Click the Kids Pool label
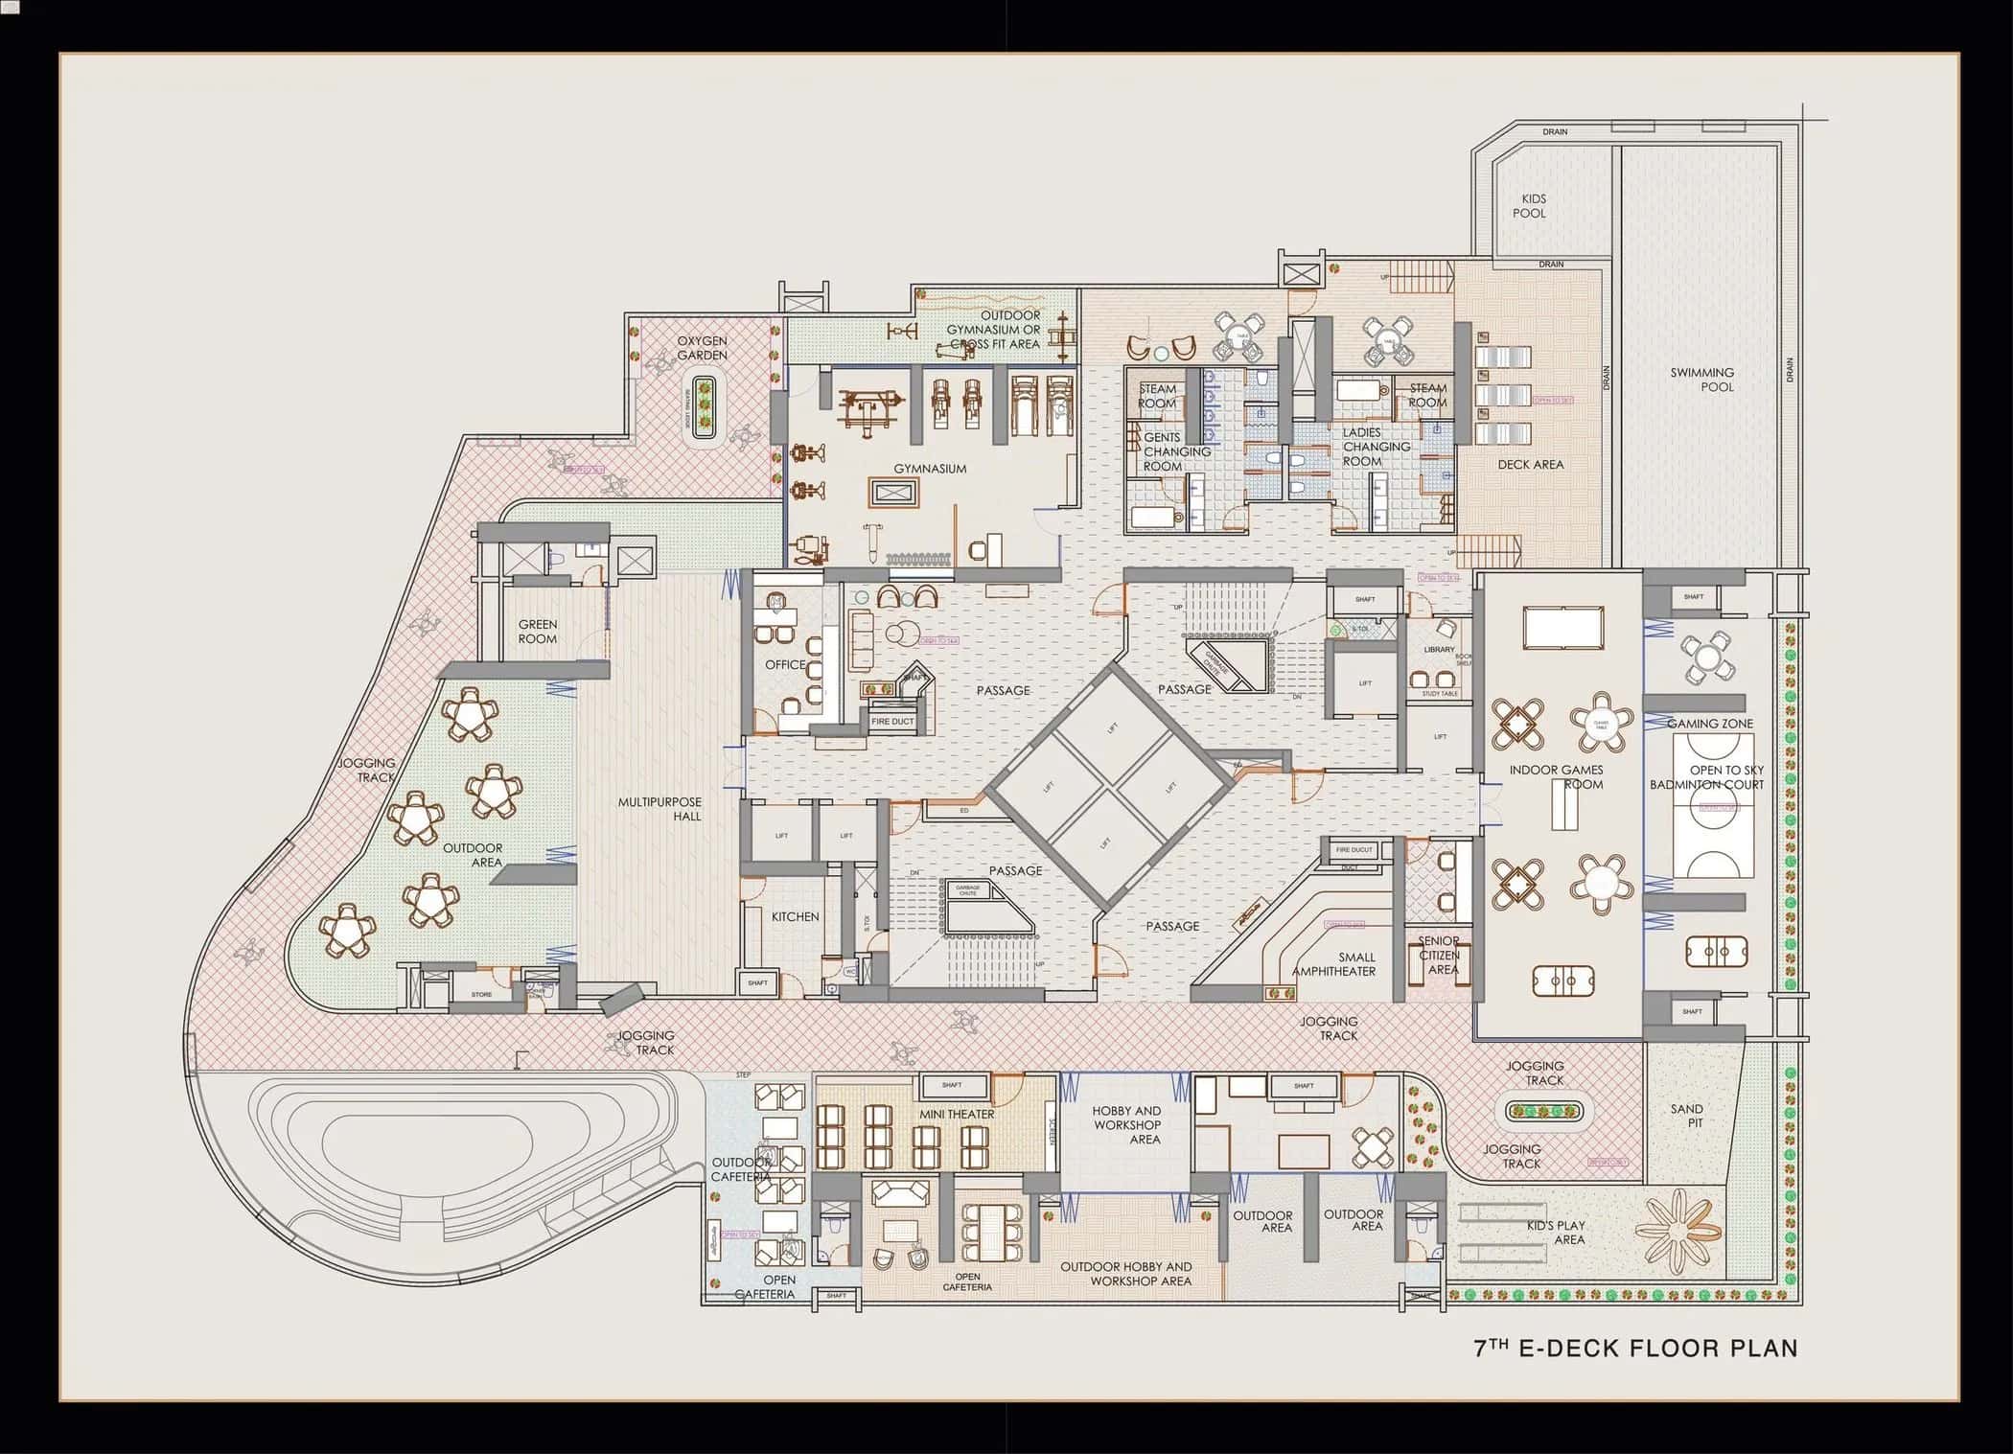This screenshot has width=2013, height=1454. click(1529, 206)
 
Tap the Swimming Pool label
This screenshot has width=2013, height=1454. click(1702, 380)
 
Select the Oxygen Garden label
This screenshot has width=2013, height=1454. click(702, 348)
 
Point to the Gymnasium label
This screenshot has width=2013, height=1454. click(930, 469)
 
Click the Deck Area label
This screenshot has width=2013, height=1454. click(1531, 464)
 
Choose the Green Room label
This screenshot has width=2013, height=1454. click(537, 631)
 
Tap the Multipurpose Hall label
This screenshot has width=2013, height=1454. click(659, 809)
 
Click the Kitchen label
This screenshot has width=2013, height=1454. click(796, 916)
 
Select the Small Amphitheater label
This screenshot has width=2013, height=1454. click(1334, 964)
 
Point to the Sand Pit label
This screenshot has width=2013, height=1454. click(1687, 1116)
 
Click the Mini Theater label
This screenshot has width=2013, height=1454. click(957, 1114)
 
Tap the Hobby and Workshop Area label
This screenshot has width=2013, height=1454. click(1126, 1125)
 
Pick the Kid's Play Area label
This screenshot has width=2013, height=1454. click(1556, 1233)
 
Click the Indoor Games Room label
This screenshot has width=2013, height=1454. click(1556, 776)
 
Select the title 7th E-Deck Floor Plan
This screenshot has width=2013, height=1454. click(1635, 1348)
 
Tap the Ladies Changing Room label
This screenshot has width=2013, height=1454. click(1376, 447)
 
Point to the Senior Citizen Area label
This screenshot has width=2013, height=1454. click(1439, 955)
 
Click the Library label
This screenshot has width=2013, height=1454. click(1439, 650)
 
